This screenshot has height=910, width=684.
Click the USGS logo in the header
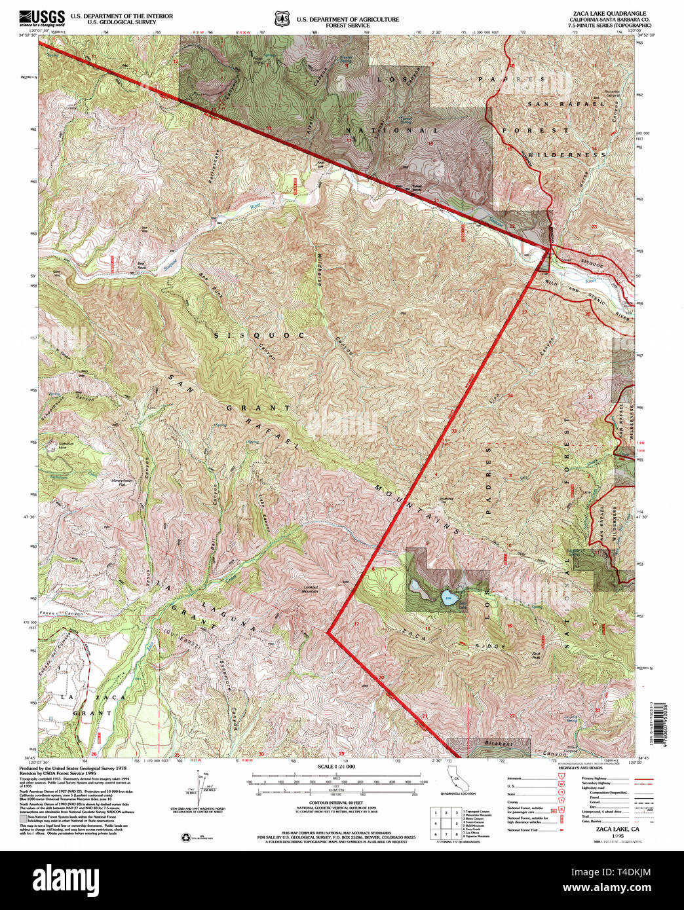[x=42, y=17]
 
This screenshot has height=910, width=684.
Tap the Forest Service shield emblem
[x=282, y=19]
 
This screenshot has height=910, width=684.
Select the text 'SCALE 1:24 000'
[x=335, y=767]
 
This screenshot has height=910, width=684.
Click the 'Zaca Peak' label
[x=537, y=654]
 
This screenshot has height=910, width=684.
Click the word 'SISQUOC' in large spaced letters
[x=259, y=335]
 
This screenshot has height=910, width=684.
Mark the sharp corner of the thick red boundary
[x=328, y=632]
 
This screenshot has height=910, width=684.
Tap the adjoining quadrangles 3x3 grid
[x=444, y=823]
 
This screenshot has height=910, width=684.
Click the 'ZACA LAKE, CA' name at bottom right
[x=609, y=829]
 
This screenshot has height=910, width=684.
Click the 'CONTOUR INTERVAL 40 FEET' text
[x=335, y=803]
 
